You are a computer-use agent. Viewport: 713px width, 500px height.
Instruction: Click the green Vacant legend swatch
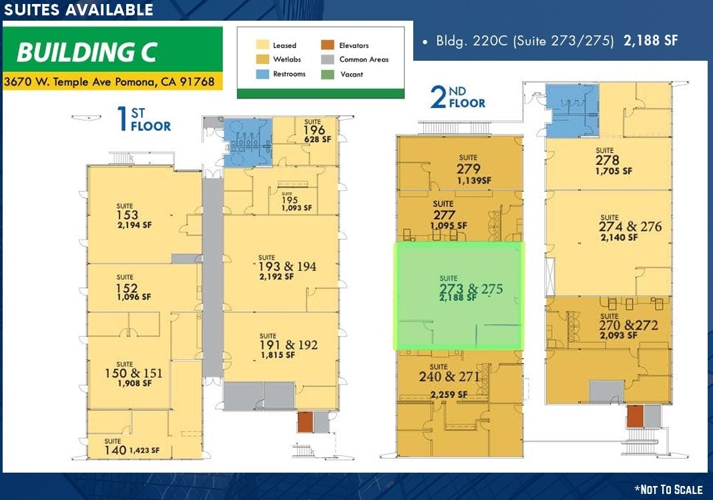click(x=328, y=74)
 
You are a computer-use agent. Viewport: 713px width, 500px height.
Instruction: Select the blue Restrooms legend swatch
click(x=262, y=74)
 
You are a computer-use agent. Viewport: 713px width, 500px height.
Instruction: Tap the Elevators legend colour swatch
click(x=328, y=45)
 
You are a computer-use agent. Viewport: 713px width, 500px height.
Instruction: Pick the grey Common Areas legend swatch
click(x=328, y=59)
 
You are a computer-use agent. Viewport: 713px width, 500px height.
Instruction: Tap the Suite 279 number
click(x=469, y=168)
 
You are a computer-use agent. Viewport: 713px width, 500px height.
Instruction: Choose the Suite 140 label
click(x=116, y=450)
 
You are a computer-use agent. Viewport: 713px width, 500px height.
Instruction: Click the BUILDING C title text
click(x=87, y=51)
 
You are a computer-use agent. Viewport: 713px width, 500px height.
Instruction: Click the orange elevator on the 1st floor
click(x=304, y=422)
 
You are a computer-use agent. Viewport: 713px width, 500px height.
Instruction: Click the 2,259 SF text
click(x=447, y=395)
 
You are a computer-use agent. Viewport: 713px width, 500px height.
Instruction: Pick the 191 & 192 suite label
click(x=288, y=345)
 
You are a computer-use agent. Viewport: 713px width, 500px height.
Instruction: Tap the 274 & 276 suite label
click(x=631, y=227)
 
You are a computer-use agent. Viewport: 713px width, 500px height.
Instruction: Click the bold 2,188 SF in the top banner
click(x=650, y=41)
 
